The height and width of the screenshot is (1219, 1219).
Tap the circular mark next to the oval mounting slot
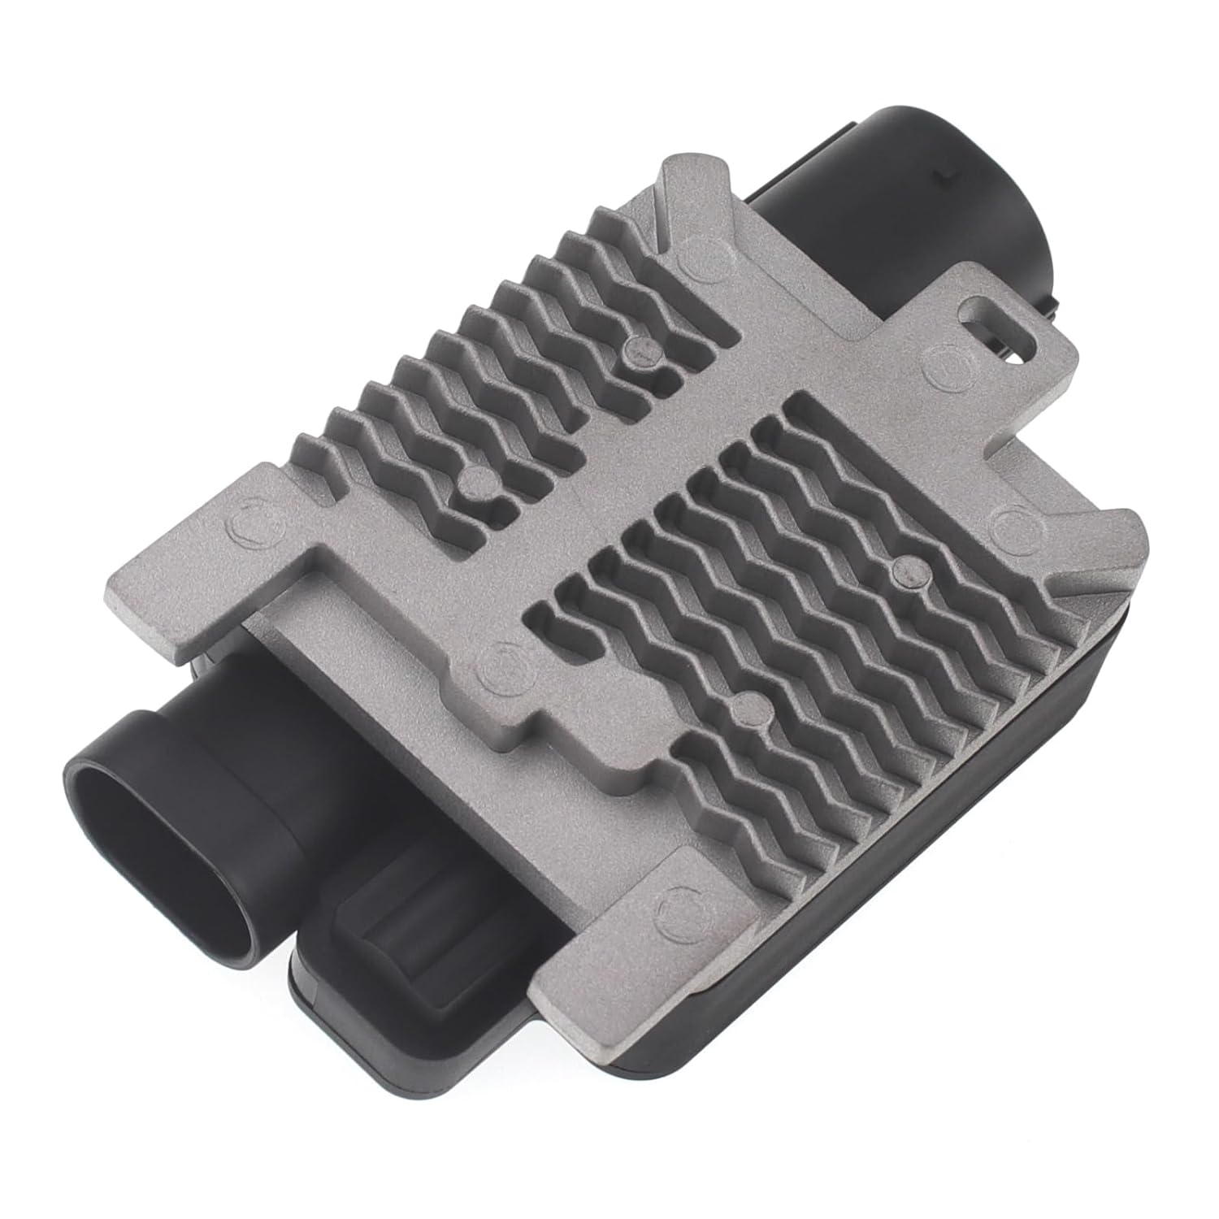(944, 355)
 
